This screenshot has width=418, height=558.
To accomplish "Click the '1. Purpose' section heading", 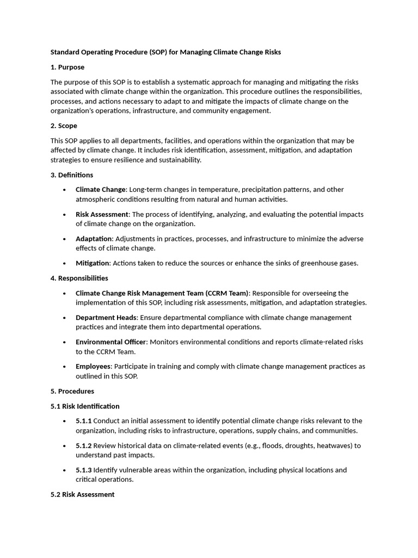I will (x=67, y=67).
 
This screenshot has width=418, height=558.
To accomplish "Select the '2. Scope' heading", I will (x=64, y=126).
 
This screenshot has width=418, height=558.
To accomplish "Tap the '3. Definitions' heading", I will (x=72, y=175).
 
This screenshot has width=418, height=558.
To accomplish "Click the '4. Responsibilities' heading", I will (x=79, y=278).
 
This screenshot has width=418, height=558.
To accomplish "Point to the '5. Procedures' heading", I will (x=72, y=391).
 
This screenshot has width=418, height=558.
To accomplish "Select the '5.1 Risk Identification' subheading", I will (x=85, y=406).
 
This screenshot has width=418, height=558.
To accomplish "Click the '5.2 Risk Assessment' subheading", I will (x=83, y=494).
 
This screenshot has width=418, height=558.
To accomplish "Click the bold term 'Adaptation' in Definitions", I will (x=94, y=239).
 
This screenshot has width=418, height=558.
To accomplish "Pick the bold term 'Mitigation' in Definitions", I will (x=93, y=263).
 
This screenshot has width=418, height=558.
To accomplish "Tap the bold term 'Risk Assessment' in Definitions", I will (x=102, y=214).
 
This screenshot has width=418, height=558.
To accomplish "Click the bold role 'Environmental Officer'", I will (x=111, y=342).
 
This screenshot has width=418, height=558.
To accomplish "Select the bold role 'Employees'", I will (x=93, y=366).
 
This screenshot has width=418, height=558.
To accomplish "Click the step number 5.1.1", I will (x=83, y=421).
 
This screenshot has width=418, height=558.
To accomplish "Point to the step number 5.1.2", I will (x=83, y=445).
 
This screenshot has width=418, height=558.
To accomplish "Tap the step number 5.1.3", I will (x=83, y=470).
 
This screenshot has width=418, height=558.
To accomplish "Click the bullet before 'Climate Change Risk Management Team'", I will (x=64, y=293).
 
